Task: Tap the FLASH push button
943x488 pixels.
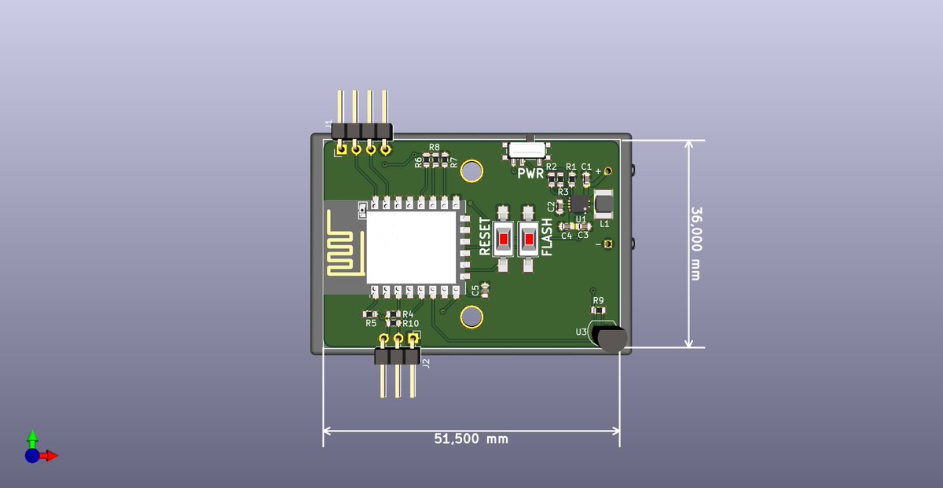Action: (529, 239)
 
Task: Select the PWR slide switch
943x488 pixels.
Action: (527, 150)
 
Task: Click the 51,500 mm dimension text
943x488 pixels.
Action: (471, 438)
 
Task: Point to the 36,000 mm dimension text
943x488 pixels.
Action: (695, 243)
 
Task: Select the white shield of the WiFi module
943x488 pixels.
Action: (411, 247)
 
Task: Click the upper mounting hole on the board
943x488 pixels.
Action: (472, 170)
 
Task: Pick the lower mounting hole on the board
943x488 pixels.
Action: (472, 317)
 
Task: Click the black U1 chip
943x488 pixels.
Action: (582, 201)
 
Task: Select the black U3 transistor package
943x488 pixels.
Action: (611, 339)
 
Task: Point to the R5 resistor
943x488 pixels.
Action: (371, 314)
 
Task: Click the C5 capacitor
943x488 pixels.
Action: (485, 290)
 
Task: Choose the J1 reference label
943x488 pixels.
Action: (328, 123)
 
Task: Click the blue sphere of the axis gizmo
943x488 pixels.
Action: (31, 455)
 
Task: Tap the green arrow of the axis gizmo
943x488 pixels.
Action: (32, 437)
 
